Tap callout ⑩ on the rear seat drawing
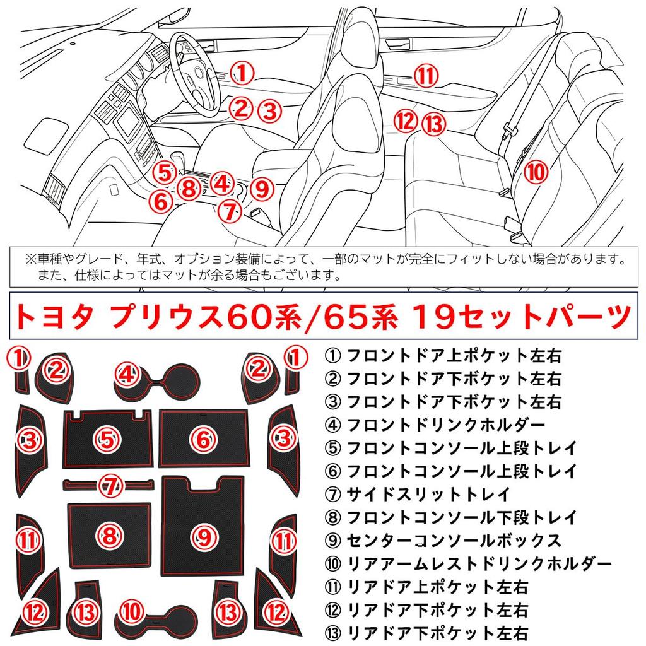pos(534,170)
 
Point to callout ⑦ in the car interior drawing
pos(229,211)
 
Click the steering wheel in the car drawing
pos(196,79)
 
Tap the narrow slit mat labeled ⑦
pos(109,485)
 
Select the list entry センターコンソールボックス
pos(453,541)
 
